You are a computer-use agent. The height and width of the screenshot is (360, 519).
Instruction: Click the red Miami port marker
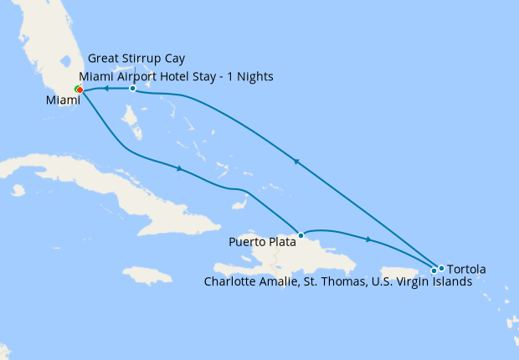click(79, 90)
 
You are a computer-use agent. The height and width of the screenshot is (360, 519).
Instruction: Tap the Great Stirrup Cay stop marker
click(132, 88)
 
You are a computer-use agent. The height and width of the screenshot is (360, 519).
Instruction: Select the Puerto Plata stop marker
click(300, 234)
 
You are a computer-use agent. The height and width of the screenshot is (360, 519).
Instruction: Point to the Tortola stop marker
click(441, 268)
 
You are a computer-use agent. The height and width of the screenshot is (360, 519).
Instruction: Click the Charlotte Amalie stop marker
click(434, 270)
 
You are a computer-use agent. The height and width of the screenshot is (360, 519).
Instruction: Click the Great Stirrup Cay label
click(136, 59)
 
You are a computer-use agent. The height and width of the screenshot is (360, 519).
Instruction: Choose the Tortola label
click(466, 270)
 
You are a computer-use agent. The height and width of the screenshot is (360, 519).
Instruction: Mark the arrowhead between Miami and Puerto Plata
click(180, 169)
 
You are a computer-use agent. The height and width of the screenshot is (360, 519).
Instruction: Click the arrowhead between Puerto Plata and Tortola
click(368, 239)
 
